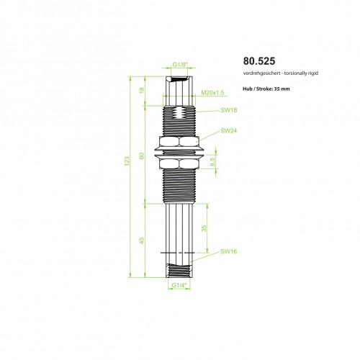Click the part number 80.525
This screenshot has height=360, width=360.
[259, 61]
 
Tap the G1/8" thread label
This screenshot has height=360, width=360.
[179, 65]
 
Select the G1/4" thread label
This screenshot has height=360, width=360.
[179, 285]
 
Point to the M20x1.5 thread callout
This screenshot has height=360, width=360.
[212, 93]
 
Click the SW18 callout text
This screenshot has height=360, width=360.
[229, 110]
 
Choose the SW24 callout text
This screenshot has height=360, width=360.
[229, 131]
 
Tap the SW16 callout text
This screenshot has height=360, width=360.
[229, 251]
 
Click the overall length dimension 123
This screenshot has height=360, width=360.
[127, 161]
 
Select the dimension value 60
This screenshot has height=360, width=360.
[142, 156]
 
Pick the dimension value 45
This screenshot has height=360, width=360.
[142, 240]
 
